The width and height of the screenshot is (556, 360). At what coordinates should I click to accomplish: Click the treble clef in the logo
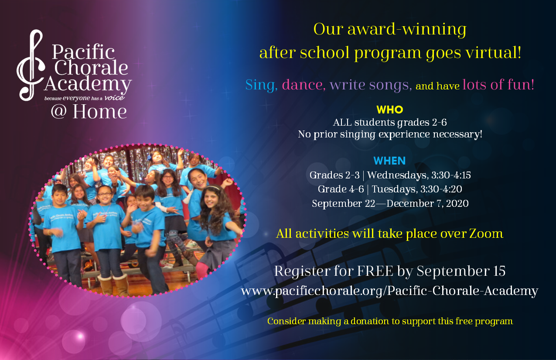point(31,65)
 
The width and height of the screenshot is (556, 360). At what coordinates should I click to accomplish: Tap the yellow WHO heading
point(390,110)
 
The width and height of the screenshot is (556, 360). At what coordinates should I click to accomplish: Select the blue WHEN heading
point(389,161)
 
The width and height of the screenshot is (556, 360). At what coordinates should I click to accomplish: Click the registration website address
point(389,291)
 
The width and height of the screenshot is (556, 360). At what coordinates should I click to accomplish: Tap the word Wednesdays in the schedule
point(398,175)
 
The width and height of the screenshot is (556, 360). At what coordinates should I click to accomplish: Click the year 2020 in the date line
point(457,204)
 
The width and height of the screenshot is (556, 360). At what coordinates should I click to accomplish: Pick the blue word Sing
point(261,85)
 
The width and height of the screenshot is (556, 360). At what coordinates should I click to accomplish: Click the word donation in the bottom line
point(370,321)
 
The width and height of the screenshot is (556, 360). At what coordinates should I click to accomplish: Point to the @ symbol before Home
point(59,112)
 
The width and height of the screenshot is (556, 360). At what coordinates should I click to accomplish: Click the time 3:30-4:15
point(451,175)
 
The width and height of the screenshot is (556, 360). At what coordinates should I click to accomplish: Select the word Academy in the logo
point(88,84)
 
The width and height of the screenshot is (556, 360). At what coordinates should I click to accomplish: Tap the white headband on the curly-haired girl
point(212,188)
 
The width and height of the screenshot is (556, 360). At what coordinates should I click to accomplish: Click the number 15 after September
point(499,271)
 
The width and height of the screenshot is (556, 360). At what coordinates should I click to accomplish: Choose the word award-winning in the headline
point(407,29)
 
